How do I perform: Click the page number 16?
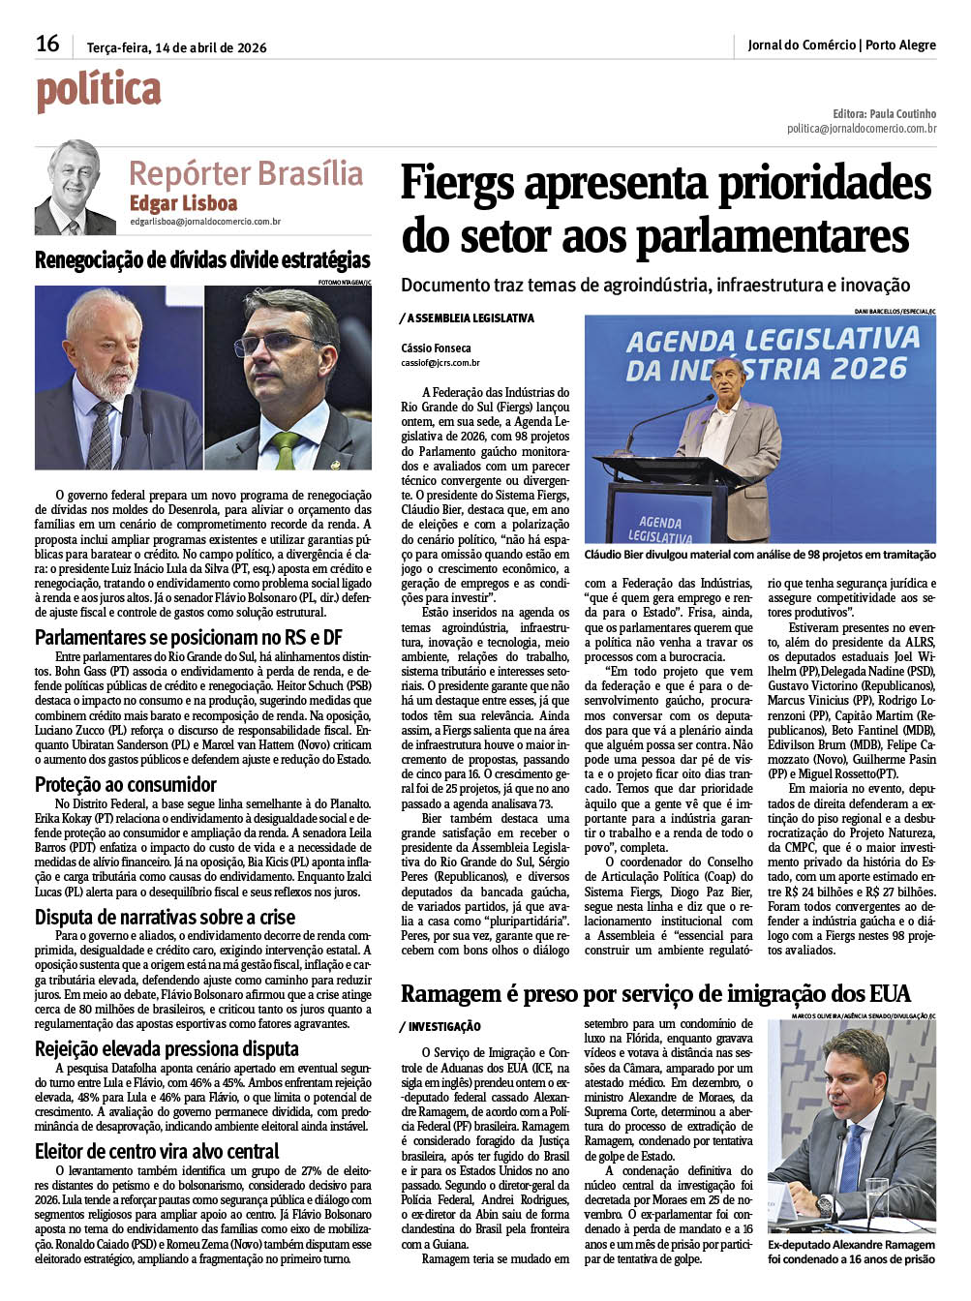pyautogui.click(x=47, y=44)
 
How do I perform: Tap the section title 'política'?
pyautogui.click(x=98, y=91)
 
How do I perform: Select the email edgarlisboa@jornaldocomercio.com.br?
pyautogui.click(x=205, y=222)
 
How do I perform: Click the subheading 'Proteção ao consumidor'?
pyautogui.click(x=126, y=784)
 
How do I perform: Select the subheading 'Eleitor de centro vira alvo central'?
pyautogui.click(x=157, y=1151)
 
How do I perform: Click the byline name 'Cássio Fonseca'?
pyautogui.click(x=436, y=348)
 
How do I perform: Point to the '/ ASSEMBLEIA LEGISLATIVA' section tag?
pyautogui.click(x=467, y=318)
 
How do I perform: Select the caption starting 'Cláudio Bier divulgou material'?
pyautogui.click(x=760, y=555)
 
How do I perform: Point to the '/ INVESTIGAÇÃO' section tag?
pyautogui.click(x=440, y=1026)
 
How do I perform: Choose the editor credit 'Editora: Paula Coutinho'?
pyautogui.click(x=884, y=113)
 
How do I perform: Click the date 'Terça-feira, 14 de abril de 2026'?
pyautogui.click(x=176, y=47)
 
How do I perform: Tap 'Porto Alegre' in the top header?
pyautogui.click(x=900, y=45)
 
